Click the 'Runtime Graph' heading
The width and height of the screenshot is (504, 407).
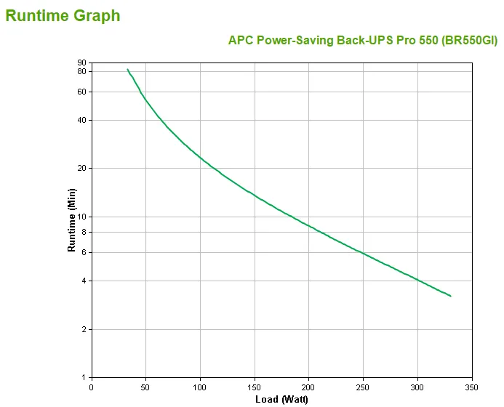coord(63,15)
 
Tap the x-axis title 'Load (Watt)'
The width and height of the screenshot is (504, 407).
coord(281,399)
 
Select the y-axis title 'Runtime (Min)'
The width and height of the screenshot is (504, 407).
coord(71,219)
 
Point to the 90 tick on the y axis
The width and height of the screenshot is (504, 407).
coord(81,63)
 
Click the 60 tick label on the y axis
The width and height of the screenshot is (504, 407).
coord(81,92)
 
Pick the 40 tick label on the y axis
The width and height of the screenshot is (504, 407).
coord(81,120)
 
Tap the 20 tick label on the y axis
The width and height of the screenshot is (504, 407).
coord(81,168)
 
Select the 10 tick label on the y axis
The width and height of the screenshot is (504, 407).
coord(81,217)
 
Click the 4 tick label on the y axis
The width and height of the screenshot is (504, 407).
coord(84,281)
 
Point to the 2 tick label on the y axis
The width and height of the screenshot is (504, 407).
coord(84,329)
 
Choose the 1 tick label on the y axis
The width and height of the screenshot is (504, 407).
coord(84,377)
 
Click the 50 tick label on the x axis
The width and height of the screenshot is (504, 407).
coord(145,387)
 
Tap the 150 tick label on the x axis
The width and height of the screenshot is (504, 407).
coord(254,387)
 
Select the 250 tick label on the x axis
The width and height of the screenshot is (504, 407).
coord(363,387)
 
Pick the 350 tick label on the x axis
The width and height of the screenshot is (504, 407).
coord(472,387)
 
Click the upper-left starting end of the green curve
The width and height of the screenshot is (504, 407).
coord(127,69)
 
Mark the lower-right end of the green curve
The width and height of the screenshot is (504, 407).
coord(451,296)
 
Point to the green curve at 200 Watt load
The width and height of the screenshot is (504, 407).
coord(308,225)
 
